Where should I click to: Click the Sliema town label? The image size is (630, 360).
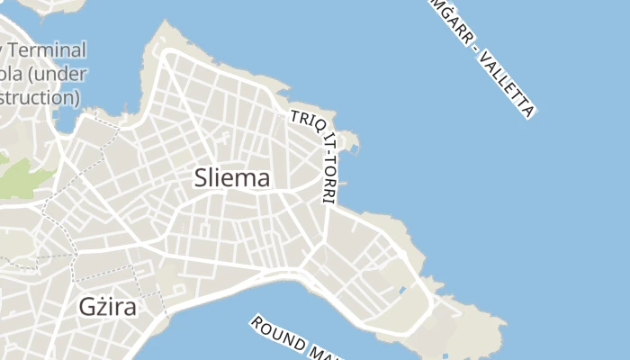pyautogui.click(x=231, y=178)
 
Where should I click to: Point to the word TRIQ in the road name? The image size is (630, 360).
pyautogui.click(x=300, y=121)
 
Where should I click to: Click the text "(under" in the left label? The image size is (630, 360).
pyautogui.click(x=59, y=72)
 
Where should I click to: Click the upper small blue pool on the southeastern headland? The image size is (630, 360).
pyautogui.click(x=400, y=291)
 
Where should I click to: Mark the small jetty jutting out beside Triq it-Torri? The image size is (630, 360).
pyautogui.click(x=350, y=143)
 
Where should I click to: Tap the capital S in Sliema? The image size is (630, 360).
pyautogui.click(x=202, y=178)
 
